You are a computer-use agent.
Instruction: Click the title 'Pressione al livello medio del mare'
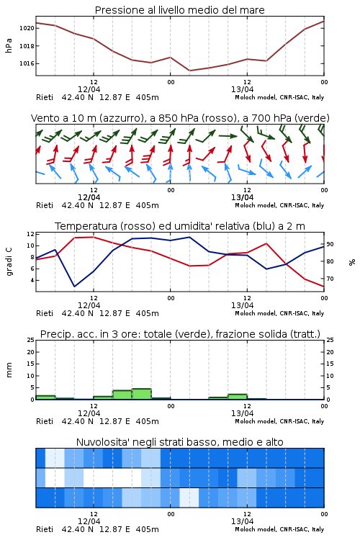[x=179, y=10]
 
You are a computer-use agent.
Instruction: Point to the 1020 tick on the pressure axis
[x=27, y=28]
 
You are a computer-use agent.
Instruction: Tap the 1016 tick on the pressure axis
[x=27, y=63]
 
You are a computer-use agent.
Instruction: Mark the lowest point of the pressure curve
[x=189, y=71]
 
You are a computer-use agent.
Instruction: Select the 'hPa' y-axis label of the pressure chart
[x=9, y=45]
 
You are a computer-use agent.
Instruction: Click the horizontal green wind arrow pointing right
[x=228, y=135]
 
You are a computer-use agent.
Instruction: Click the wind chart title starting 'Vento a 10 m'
[x=180, y=118]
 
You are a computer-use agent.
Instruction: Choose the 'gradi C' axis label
[x=9, y=262]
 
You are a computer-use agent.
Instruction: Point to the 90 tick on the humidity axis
[x=330, y=244]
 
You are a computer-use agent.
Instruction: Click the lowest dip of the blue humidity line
[x=74, y=286]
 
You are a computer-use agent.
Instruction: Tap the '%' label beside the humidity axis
[x=352, y=262]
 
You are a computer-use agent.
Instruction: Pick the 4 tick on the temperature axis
[x=32, y=280]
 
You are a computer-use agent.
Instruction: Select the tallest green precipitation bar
[x=142, y=394]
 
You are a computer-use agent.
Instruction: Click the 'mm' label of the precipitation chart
[x=9, y=370]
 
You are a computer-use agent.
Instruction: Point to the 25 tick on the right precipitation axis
[x=330, y=340]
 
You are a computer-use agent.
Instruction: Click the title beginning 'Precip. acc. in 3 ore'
[x=180, y=334]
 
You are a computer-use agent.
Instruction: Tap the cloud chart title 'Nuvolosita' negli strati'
[x=179, y=442]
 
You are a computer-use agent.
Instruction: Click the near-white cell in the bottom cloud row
[x=189, y=498]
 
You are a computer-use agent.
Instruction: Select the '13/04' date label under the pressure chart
[x=242, y=89]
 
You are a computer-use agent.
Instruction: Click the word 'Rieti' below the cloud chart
[x=45, y=529]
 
